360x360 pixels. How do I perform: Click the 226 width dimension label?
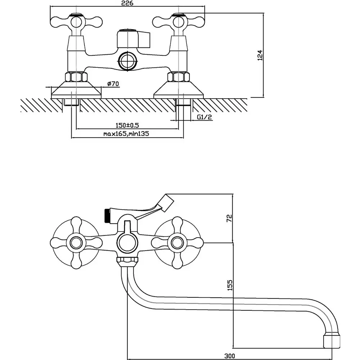tap(127, 3)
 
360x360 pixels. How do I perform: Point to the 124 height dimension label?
tap(260, 55)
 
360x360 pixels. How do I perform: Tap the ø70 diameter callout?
tap(113, 84)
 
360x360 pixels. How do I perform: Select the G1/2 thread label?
tap(204, 117)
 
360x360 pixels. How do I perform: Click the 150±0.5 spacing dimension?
tap(127, 125)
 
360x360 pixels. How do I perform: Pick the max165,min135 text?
tap(126, 134)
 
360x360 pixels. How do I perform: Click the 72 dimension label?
tap(229, 218)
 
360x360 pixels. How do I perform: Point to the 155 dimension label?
tap(230, 285)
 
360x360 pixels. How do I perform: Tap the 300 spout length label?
tap(230, 356)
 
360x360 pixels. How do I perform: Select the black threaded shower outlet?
tap(107, 216)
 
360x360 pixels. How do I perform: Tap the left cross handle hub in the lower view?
tap(76, 243)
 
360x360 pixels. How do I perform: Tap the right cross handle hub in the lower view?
tap(177, 243)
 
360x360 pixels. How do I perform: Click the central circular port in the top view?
tap(128, 61)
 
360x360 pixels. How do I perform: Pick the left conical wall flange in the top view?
tap(76, 90)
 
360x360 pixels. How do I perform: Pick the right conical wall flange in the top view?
tap(179, 90)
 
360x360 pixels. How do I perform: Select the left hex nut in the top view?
tap(76, 77)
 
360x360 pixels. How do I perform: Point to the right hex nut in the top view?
tap(179, 77)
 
